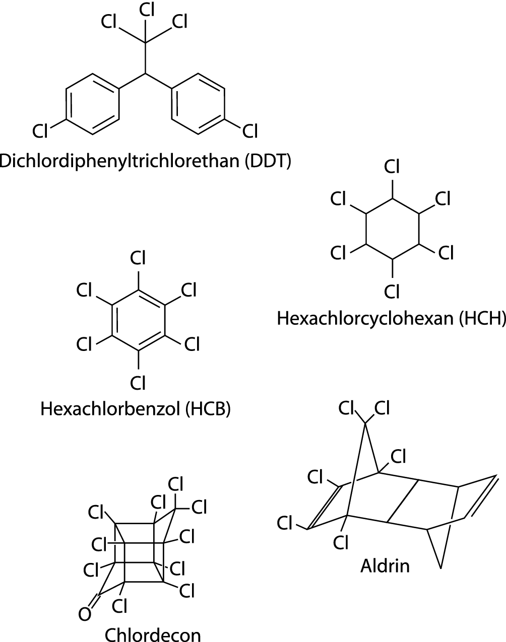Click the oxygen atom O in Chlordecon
(85, 614)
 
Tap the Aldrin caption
(385, 566)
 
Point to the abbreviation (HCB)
(208, 409)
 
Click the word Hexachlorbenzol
(110, 409)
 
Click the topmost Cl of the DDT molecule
(147, 10)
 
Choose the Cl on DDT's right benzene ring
(249, 131)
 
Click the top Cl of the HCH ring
(392, 167)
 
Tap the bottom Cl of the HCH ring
(392, 291)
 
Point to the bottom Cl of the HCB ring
(138, 383)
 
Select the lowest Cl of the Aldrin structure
(341, 543)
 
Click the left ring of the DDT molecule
(93, 104)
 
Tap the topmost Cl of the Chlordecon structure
(174, 485)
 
